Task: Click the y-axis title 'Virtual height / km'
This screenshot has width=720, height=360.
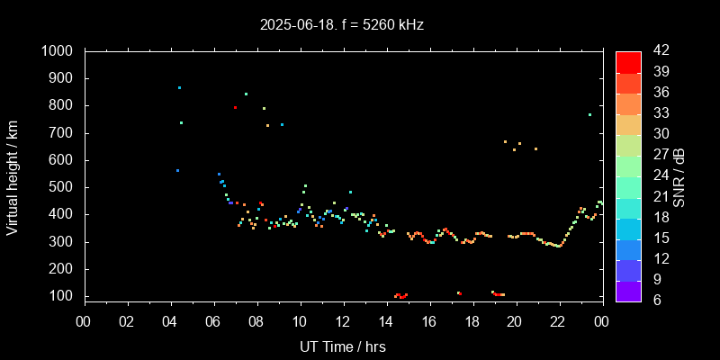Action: tap(13, 178)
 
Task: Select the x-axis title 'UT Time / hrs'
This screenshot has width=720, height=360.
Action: tap(343, 346)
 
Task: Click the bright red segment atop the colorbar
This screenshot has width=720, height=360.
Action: tap(628, 61)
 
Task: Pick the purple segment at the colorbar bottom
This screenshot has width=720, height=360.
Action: tap(628, 291)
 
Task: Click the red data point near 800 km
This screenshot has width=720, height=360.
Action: tap(235, 107)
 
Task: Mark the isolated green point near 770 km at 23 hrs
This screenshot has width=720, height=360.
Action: tap(589, 114)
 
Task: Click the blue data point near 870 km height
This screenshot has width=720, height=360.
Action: tap(179, 87)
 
